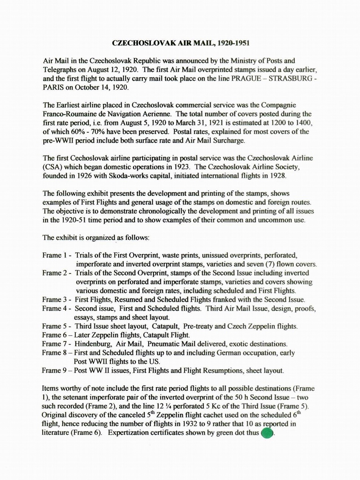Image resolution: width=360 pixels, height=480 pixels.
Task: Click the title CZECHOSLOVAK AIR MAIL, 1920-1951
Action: tap(181, 43)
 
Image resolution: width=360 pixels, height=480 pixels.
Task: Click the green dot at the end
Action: tap(267, 433)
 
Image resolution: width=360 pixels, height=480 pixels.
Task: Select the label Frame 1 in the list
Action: tap(55, 255)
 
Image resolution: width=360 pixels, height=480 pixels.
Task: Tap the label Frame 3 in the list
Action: tap(55, 300)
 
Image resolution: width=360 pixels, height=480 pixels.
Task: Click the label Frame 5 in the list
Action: tap(55, 326)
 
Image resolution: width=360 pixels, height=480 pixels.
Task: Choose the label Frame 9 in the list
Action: tap(55, 371)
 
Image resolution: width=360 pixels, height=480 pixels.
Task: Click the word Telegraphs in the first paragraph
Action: tap(60, 70)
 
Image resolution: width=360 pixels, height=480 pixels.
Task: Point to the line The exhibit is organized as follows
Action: tap(96, 238)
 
